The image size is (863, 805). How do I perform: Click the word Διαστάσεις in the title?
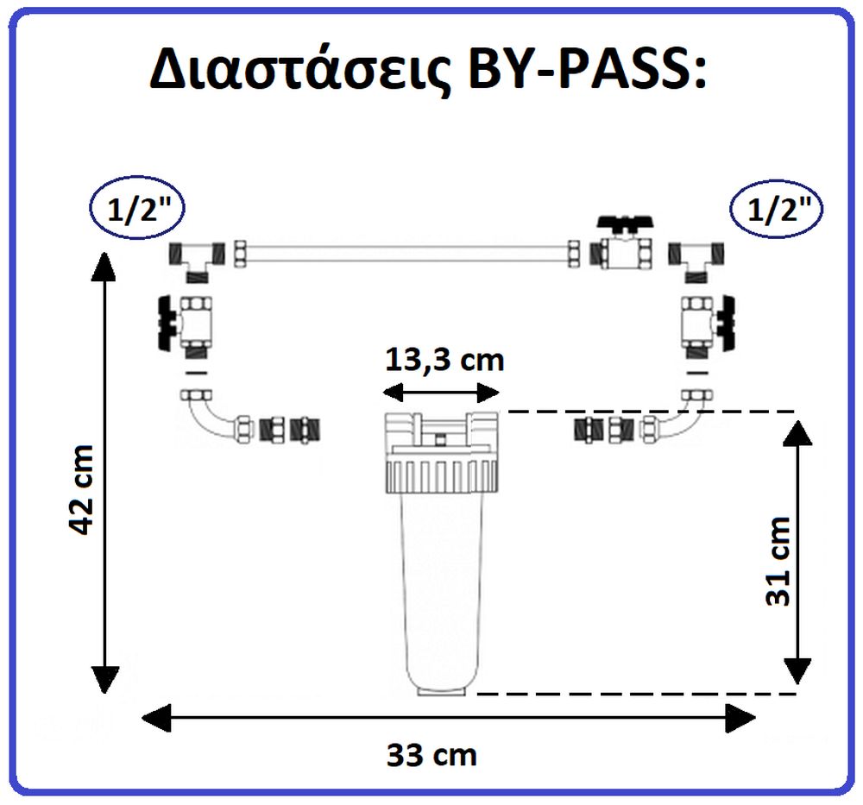[x=300, y=70]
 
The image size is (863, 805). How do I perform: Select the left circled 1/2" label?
[x=137, y=209]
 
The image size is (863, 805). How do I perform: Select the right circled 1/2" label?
[x=776, y=209]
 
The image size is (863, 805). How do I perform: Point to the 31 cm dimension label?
[x=778, y=562]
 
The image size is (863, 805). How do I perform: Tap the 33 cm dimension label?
[x=431, y=755]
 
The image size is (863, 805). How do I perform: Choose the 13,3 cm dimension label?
[x=444, y=361]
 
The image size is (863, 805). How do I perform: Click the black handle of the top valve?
[x=627, y=223]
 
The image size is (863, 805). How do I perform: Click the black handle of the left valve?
[x=167, y=323]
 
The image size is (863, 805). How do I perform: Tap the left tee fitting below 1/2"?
[x=197, y=260]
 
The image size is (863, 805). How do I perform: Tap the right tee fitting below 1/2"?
[x=696, y=260]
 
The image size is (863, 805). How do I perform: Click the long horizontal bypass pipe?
[x=406, y=255]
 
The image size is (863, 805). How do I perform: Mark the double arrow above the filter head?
[x=441, y=393]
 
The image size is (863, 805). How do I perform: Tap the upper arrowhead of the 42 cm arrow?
[x=104, y=265]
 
